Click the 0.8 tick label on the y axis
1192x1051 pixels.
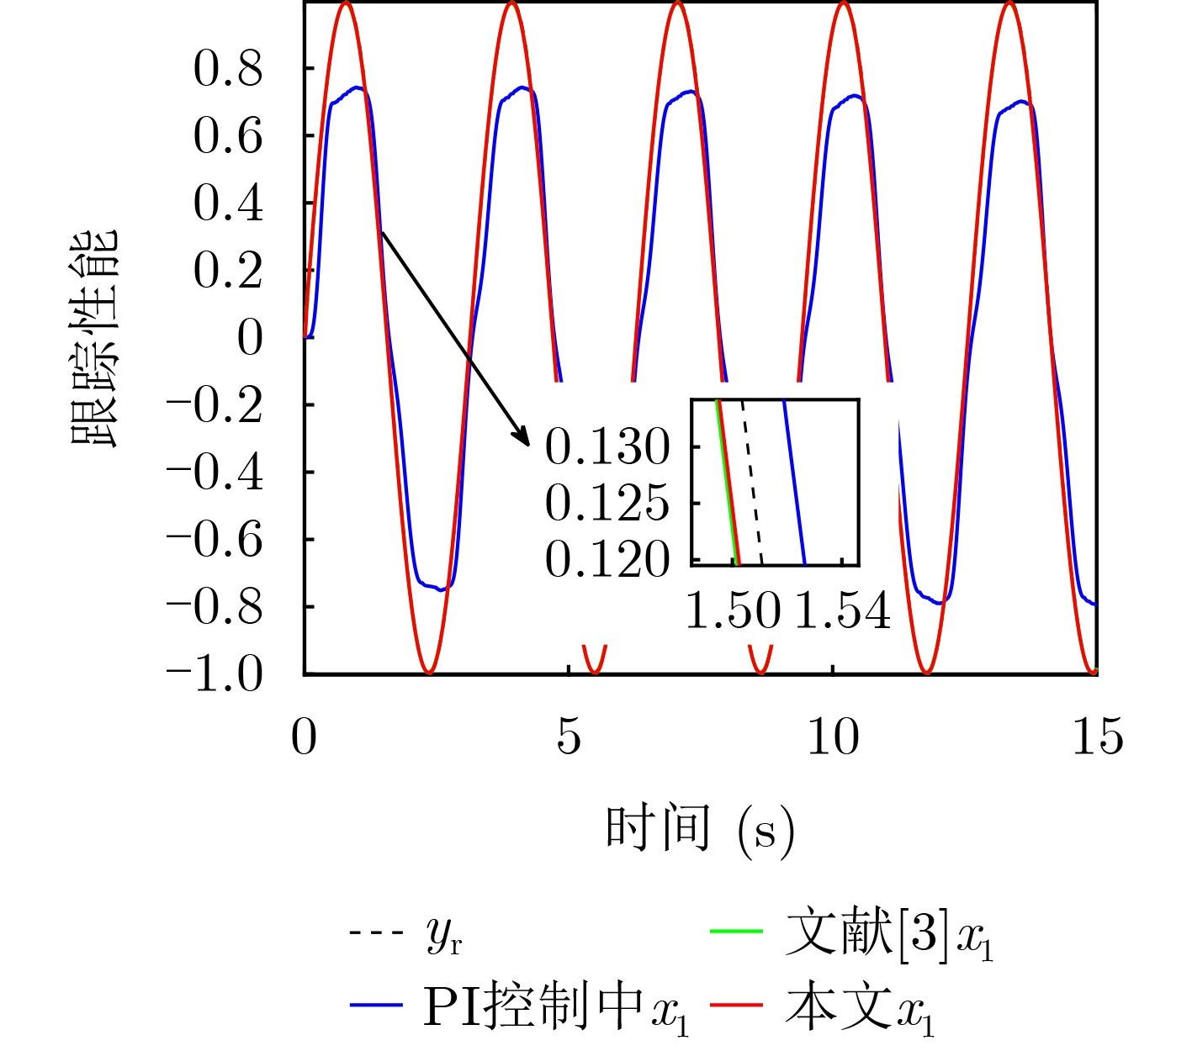tap(228, 69)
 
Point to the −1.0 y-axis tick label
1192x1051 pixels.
tap(215, 674)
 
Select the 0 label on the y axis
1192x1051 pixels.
tap(250, 338)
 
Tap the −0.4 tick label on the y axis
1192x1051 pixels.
tap(215, 473)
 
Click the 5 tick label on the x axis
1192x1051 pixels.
tap(569, 737)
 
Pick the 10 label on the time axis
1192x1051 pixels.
tap(833, 737)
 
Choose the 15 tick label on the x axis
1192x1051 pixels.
tap(1097, 737)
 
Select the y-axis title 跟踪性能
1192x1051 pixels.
tap(94, 338)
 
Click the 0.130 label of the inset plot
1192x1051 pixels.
tap(607, 446)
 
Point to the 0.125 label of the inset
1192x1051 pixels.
tap(607, 503)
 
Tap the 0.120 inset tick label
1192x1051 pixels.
tap(607, 559)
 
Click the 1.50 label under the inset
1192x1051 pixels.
tap(734, 610)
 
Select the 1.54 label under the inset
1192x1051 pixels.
tap(842, 610)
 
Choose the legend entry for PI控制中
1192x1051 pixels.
tap(533, 1006)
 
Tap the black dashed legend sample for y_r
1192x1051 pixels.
tap(374, 932)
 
